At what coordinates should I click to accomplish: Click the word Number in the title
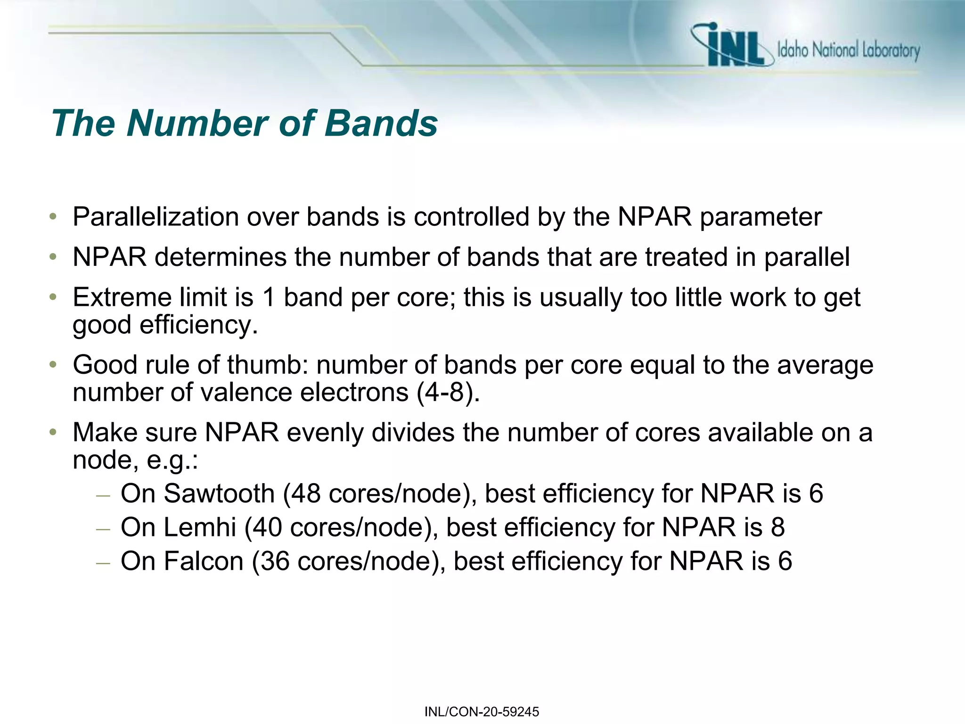point(198,123)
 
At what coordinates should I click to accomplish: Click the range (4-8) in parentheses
point(448,393)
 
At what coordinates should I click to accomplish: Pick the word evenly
point(325,433)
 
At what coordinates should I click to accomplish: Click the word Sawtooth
point(219,494)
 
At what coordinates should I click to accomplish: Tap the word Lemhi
point(200,527)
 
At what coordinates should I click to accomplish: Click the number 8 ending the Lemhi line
point(777,527)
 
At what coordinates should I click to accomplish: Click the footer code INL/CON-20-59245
point(482,712)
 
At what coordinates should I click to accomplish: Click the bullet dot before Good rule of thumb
point(53,365)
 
